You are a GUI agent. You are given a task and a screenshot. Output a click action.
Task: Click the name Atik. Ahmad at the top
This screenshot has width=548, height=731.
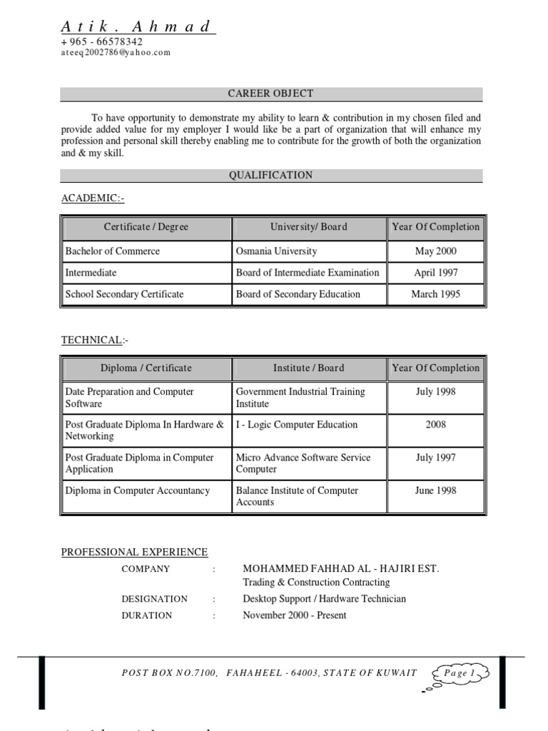[137, 27]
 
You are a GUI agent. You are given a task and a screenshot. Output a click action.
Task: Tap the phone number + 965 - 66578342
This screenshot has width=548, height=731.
[101, 42]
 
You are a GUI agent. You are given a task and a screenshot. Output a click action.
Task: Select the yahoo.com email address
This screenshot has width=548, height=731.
[116, 53]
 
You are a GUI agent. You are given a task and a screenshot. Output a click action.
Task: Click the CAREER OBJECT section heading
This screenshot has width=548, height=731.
[270, 94]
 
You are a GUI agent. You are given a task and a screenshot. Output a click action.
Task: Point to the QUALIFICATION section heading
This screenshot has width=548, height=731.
[270, 175]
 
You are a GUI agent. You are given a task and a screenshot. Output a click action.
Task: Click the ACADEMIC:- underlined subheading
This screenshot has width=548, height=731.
[93, 198]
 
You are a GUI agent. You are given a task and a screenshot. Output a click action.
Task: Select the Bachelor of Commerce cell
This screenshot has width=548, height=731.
[113, 251]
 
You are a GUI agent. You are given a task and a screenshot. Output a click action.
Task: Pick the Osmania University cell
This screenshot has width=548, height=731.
[276, 251]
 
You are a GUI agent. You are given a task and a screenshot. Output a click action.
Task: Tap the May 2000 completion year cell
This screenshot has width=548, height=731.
[435, 251]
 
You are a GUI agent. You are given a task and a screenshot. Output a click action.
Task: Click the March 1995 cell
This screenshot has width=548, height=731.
[435, 294]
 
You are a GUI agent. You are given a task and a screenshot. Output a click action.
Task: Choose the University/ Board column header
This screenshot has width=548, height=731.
[308, 227]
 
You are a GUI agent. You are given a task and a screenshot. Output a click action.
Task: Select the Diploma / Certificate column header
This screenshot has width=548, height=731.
[146, 368]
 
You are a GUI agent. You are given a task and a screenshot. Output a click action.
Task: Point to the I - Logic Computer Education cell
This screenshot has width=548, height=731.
[296, 425]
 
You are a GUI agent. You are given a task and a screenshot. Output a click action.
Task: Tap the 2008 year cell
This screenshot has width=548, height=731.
[435, 425]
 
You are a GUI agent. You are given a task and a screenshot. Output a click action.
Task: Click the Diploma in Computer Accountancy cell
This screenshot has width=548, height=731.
[138, 490]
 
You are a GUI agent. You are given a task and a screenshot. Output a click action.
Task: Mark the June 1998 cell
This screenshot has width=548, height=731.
[435, 490]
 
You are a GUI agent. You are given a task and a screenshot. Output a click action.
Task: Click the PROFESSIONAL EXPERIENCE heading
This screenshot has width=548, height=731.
[134, 552]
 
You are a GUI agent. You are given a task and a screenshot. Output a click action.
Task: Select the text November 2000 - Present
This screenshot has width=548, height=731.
[294, 615]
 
